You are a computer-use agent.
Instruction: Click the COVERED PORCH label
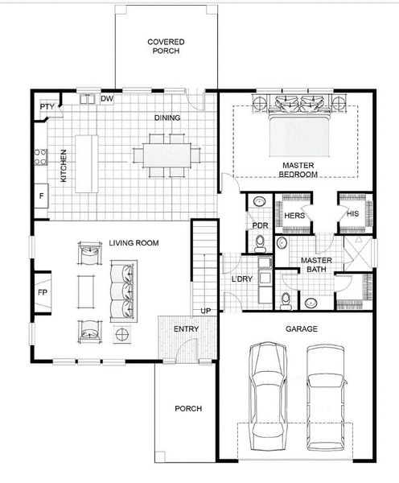coord(166,46)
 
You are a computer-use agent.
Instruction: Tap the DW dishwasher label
coord(106,99)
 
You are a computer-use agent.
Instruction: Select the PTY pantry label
coord(47,105)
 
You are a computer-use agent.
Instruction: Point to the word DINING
coord(167,118)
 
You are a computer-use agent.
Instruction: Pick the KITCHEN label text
coord(64,164)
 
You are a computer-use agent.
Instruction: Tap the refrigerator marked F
coord(41,196)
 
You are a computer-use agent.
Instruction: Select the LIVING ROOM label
coord(134,243)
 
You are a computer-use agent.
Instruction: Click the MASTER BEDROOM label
coord(297,170)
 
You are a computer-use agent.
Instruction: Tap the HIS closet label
coord(352,214)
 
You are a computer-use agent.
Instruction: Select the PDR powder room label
coord(259,225)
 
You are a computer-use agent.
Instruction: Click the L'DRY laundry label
coord(243,279)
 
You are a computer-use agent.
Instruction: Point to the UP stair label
coord(206,311)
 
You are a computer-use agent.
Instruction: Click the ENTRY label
coord(187,328)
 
